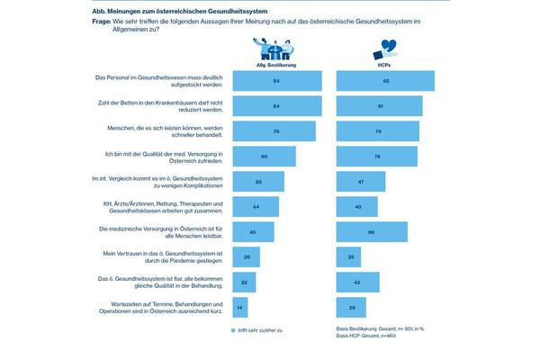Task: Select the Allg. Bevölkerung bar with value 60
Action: click(x=264, y=156)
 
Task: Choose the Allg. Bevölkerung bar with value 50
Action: click(x=258, y=181)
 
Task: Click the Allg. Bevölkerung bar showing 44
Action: click(x=256, y=206)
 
